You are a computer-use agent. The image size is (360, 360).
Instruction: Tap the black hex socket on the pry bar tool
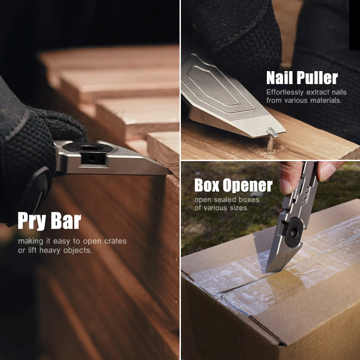tap(82, 148)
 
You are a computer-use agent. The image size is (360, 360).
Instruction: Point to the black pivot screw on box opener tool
tap(293, 232)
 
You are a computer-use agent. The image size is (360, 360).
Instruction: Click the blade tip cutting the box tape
tap(268, 270)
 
